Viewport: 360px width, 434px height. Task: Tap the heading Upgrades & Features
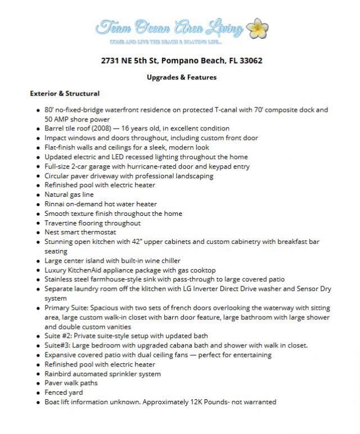click(181, 77)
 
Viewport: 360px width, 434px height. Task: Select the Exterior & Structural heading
click(65, 93)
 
